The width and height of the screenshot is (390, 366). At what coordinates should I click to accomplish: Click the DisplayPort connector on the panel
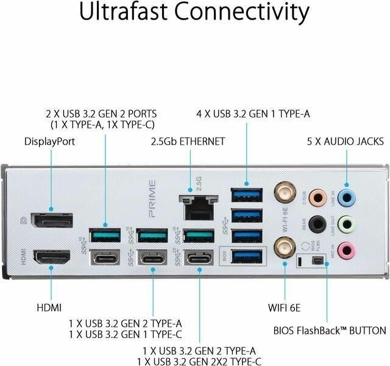pos(52,220)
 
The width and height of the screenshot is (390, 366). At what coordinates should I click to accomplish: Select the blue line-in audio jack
pos(347,196)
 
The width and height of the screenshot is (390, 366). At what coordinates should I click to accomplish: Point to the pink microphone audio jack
pos(347,249)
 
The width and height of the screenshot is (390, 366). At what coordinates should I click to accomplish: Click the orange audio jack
pos(317,196)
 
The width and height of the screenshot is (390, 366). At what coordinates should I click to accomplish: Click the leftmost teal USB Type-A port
pos(105,234)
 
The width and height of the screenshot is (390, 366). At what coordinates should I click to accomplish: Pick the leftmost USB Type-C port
pos(105,258)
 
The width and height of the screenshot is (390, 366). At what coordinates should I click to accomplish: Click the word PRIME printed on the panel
pos(153,198)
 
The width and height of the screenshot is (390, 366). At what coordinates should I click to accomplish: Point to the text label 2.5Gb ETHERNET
pos(188,141)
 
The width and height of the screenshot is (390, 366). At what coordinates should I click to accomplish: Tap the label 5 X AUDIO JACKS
pos(345,141)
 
